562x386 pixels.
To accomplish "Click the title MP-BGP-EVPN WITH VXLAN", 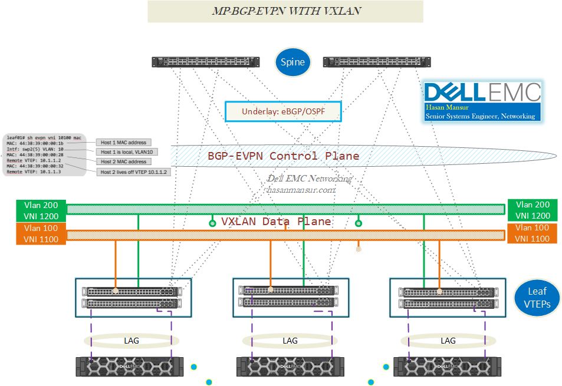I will (285, 11).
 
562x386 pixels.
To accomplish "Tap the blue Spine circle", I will (292, 62).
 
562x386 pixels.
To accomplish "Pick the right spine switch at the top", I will (377, 62).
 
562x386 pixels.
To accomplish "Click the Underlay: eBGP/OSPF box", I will (283, 111).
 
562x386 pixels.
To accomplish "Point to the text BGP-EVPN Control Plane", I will (283, 156).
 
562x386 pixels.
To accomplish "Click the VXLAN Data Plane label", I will (275, 222).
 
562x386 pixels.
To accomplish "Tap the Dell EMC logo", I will (482, 92).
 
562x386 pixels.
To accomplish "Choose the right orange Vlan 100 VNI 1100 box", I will (532, 233).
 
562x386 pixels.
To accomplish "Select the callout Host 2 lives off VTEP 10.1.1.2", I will (133, 171).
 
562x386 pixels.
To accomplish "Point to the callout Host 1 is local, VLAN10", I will (127, 152).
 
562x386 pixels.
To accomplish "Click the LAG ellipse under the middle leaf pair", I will (290, 341).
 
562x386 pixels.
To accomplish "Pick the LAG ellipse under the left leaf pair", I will (132, 341).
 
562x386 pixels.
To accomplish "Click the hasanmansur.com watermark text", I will (301, 190).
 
